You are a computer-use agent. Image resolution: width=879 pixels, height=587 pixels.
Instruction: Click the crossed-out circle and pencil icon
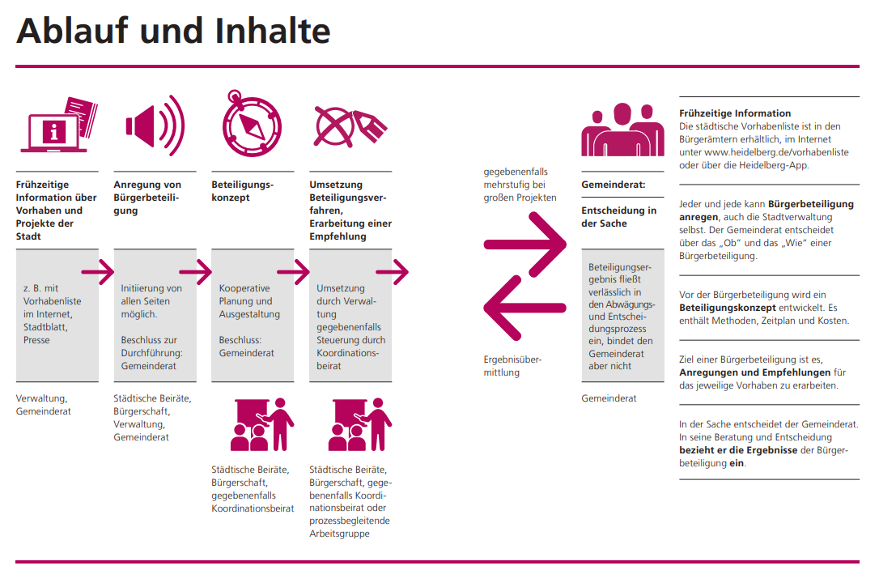pyautogui.click(x=348, y=126)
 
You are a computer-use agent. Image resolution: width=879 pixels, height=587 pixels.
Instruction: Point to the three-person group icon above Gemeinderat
pyautogui.click(x=622, y=129)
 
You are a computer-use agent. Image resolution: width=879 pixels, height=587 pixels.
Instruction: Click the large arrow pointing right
pyautogui.click(x=525, y=243)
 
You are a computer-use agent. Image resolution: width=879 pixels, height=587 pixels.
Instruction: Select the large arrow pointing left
pyautogui.click(x=524, y=308)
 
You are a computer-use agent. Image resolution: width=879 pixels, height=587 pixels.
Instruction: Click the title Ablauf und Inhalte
pyautogui.click(x=173, y=31)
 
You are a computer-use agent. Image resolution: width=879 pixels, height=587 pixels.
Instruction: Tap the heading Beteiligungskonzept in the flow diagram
pyautogui.click(x=243, y=191)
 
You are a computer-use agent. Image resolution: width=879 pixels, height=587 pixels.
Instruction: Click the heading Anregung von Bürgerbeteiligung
pyautogui.click(x=147, y=198)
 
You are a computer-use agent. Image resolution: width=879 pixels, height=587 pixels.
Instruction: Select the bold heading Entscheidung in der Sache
pyautogui.click(x=619, y=217)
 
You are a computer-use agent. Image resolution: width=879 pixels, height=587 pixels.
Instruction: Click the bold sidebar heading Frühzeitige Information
pyautogui.click(x=735, y=113)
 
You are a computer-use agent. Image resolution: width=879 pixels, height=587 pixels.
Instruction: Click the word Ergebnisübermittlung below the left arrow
pyautogui.click(x=512, y=366)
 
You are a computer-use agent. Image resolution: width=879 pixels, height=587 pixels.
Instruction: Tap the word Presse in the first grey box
pyautogui.click(x=36, y=340)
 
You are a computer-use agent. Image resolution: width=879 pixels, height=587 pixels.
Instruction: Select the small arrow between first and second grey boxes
pyautogui.click(x=98, y=272)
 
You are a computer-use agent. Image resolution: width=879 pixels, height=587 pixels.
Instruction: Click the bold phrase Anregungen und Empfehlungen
pyautogui.click(x=755, y=372)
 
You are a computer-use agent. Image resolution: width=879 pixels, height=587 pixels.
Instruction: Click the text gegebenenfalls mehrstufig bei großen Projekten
pyautogui.click(x=520, y=185)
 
